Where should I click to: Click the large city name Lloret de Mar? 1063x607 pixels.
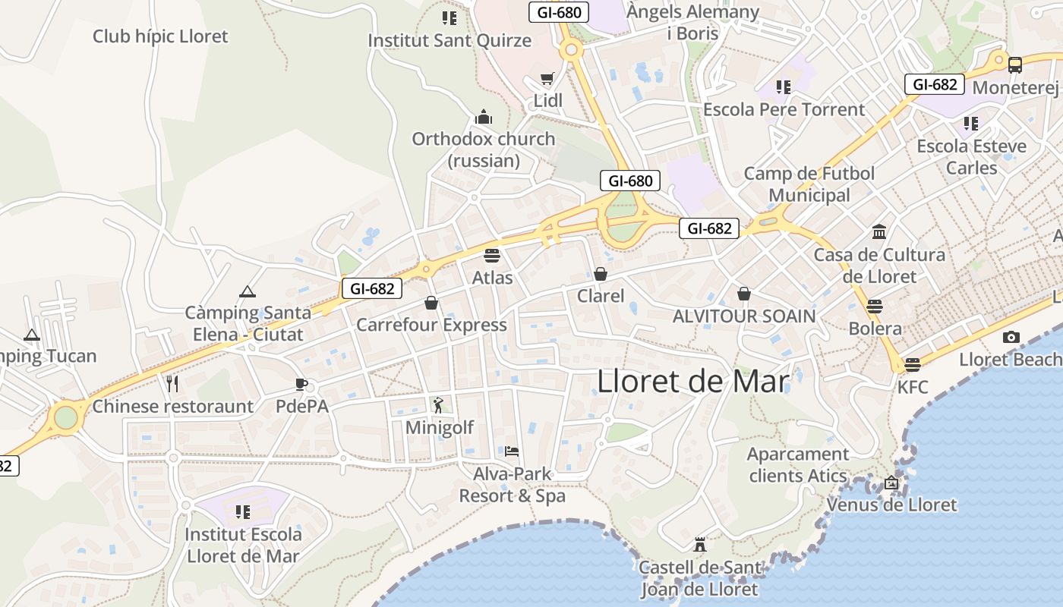coord(693,381)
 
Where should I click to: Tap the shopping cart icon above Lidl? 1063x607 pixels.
coord(547,78)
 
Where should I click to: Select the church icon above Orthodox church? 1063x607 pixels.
coord(484,117)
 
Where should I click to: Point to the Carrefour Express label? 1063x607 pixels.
coord(431,325)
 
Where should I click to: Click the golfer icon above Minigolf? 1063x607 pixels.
coord(438,405)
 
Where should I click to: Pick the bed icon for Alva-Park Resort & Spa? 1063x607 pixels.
coord(512,451)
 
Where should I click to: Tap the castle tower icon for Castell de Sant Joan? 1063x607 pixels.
coord(699,545)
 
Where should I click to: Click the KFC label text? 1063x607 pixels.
coord(912,387)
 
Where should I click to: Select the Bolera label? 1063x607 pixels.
coord(875,329)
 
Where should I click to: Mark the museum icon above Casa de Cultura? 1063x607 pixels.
coord(879,231)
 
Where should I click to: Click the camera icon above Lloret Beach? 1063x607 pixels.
coord(1011,337)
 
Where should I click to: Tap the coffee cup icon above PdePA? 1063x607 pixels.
coord(301,384)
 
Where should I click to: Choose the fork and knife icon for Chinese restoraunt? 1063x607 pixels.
coord(172,384)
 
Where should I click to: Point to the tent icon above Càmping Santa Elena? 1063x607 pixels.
coord(248,291)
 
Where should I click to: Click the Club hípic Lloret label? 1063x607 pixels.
coord(160,36)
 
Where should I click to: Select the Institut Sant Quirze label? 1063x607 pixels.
coord(449,40)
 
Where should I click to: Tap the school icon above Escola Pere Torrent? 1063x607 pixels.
coord(784,87)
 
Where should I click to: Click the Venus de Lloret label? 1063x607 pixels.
coord(891,505)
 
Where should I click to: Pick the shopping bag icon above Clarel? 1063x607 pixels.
coord(601,274)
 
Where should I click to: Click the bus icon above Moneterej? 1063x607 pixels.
coord(1015,65)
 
